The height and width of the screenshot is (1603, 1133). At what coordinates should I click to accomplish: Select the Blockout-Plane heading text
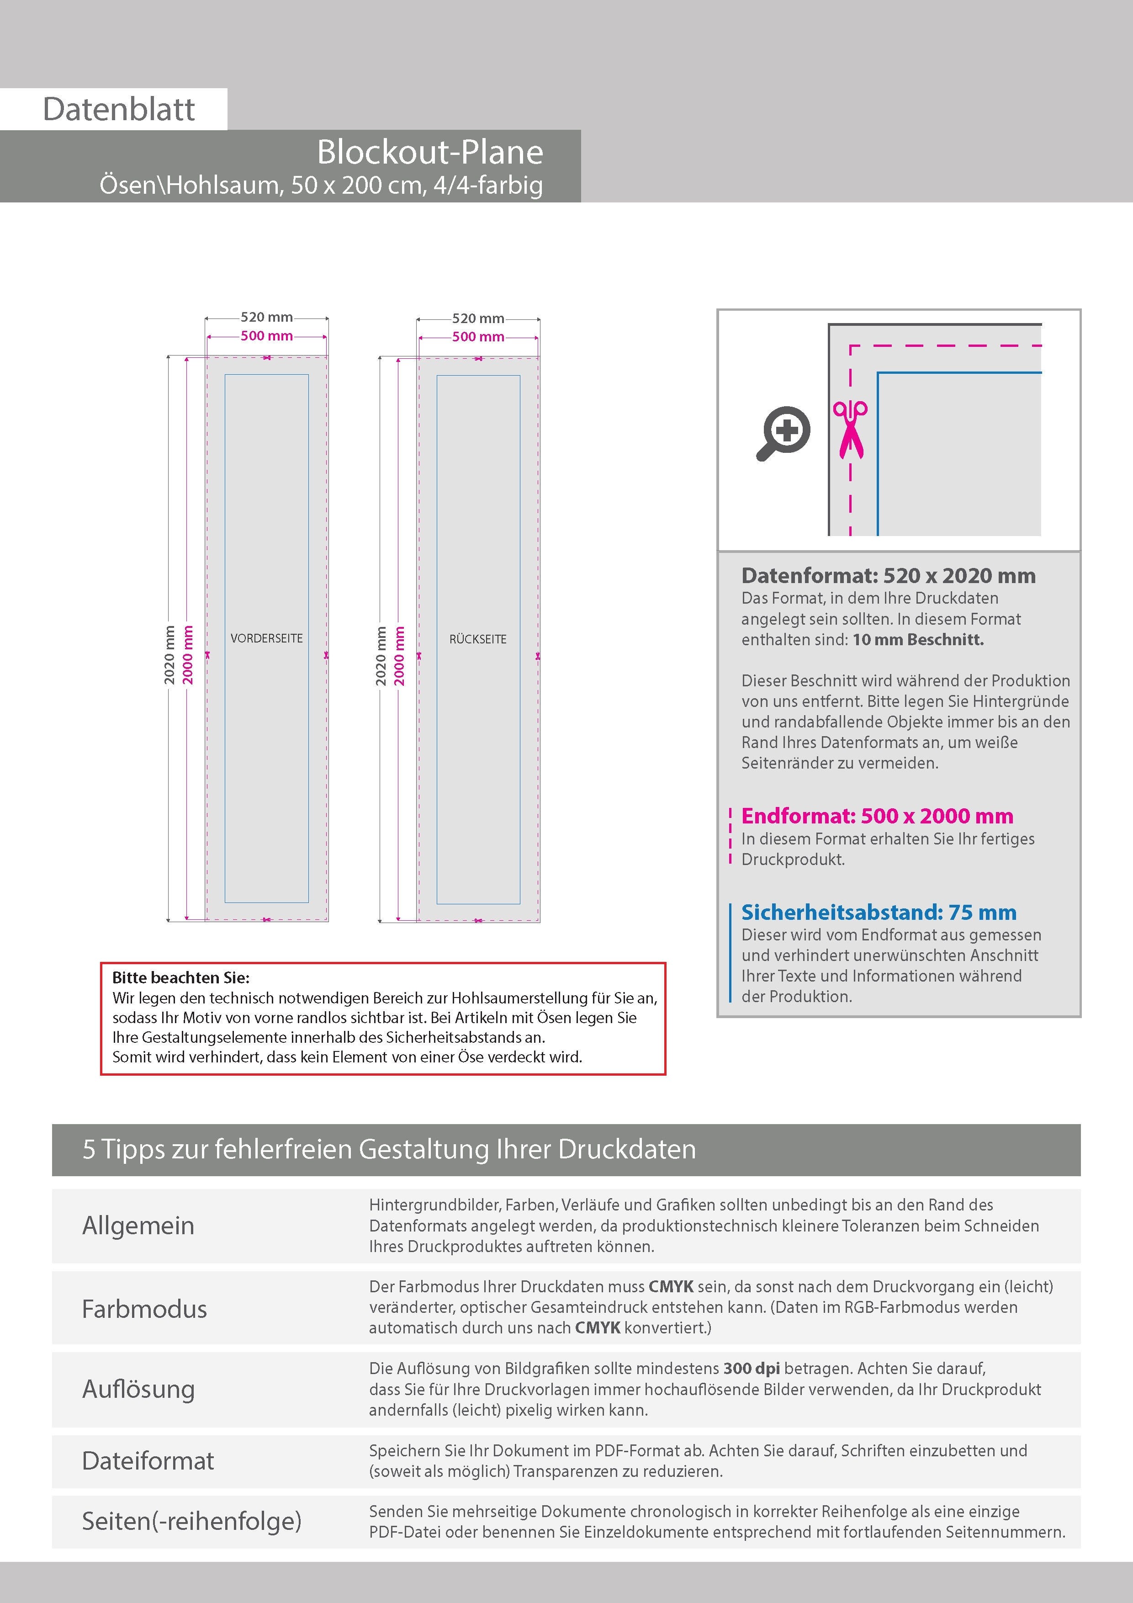[429, 152]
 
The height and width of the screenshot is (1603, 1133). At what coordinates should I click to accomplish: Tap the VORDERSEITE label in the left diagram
[267, 638]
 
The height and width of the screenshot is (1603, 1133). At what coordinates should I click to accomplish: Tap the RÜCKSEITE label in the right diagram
[478, 639]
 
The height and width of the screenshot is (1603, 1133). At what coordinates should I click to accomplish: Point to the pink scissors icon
[850, 430]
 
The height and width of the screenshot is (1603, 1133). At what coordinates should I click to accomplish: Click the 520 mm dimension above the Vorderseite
[267, 317]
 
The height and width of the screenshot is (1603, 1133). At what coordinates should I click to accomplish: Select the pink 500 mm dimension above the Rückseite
[478, 336]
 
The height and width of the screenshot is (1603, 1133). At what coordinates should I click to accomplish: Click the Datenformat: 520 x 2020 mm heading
[888, 575]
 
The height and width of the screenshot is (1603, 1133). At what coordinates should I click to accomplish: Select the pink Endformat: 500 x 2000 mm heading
[877, 816]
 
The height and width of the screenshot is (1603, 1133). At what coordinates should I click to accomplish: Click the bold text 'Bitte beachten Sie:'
[181, 977]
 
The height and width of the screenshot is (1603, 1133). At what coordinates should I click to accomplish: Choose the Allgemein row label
[138, 1225]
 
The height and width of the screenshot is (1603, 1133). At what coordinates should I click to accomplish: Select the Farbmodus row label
[144, 1308]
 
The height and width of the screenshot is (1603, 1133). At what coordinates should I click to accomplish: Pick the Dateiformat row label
[148, 1460]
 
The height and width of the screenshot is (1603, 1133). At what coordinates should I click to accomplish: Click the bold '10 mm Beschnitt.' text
[918, 640]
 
